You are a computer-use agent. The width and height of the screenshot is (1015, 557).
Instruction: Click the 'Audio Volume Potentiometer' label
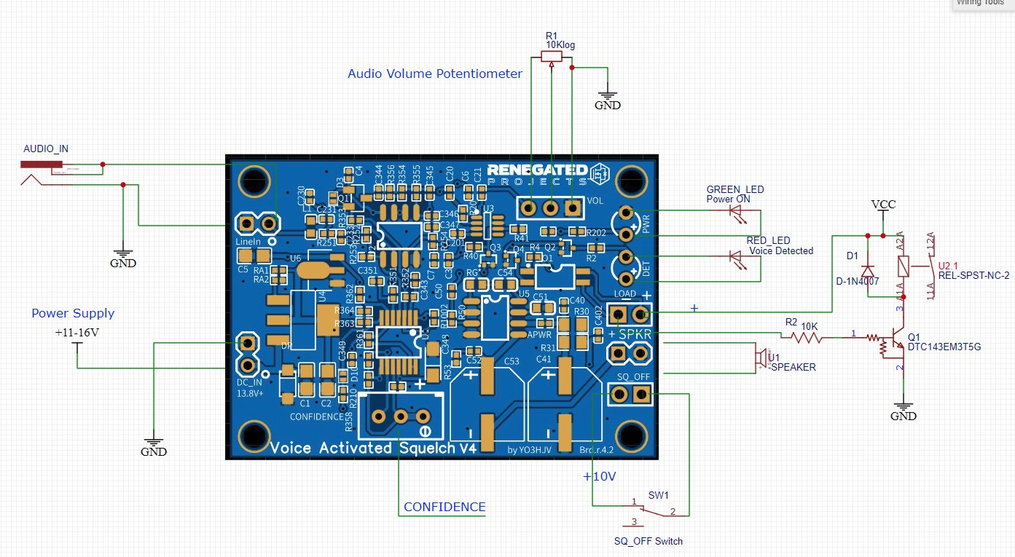coord(434,74)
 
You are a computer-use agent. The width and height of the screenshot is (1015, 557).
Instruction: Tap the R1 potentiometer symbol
coord(551,57)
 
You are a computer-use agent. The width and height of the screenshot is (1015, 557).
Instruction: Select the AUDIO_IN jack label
coord(46,149)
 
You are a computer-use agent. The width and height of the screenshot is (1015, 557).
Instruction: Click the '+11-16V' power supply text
coord(77,332)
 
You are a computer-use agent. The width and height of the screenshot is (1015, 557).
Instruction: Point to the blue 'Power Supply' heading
coord(73,313)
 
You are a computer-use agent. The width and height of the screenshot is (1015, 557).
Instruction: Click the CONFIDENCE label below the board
coord(444,507)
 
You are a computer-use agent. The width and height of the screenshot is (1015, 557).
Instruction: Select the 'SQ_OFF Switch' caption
coord(648,541)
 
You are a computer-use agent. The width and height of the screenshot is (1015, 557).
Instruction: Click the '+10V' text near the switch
coord(600,477)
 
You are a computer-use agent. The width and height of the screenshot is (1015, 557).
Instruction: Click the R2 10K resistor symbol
coord(802,337)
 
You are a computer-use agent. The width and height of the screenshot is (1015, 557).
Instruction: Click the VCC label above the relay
coord(883,205)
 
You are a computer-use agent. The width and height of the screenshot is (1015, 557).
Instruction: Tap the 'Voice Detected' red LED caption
coord(781,250)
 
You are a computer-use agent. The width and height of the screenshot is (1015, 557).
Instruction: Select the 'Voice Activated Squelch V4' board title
coord(373,448)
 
